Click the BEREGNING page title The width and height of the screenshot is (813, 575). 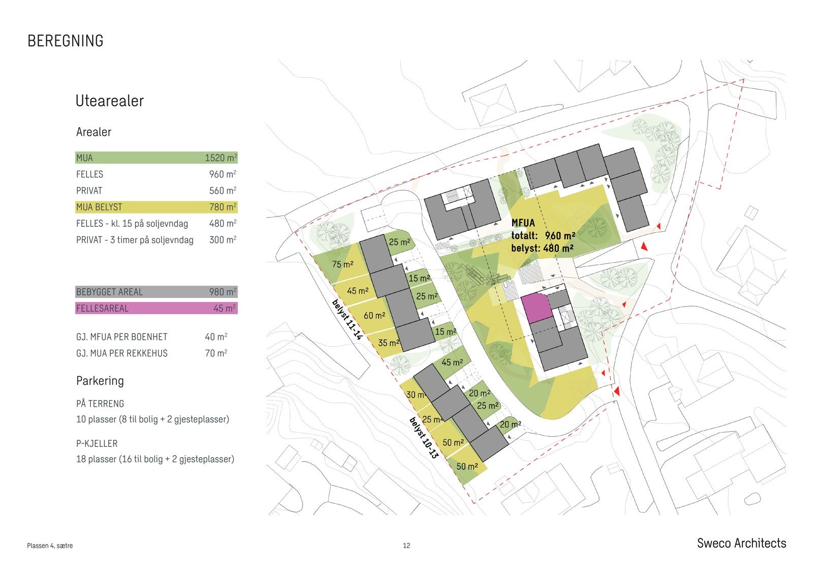65,41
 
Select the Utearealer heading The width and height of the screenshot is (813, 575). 109,101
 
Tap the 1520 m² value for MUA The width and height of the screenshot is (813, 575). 221,158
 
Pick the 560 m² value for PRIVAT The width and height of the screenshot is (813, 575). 223,190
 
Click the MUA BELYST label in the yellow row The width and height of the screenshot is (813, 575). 99,207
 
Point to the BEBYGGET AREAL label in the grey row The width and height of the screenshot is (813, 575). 109,292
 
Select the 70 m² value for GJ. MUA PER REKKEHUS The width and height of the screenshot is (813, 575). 216,353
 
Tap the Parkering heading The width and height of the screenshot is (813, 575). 100,380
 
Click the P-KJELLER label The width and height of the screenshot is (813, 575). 97,443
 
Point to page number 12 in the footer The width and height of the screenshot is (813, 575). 407,546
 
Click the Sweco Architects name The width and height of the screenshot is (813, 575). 741,543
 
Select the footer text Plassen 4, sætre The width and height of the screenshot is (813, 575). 50,546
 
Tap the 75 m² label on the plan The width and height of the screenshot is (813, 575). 342,264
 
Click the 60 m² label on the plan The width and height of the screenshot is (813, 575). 374,316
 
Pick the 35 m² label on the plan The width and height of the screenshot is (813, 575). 388,343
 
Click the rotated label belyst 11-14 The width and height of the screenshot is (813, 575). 347,319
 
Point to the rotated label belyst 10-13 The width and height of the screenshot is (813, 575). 424,438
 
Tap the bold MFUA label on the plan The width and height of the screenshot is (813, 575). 523,223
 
